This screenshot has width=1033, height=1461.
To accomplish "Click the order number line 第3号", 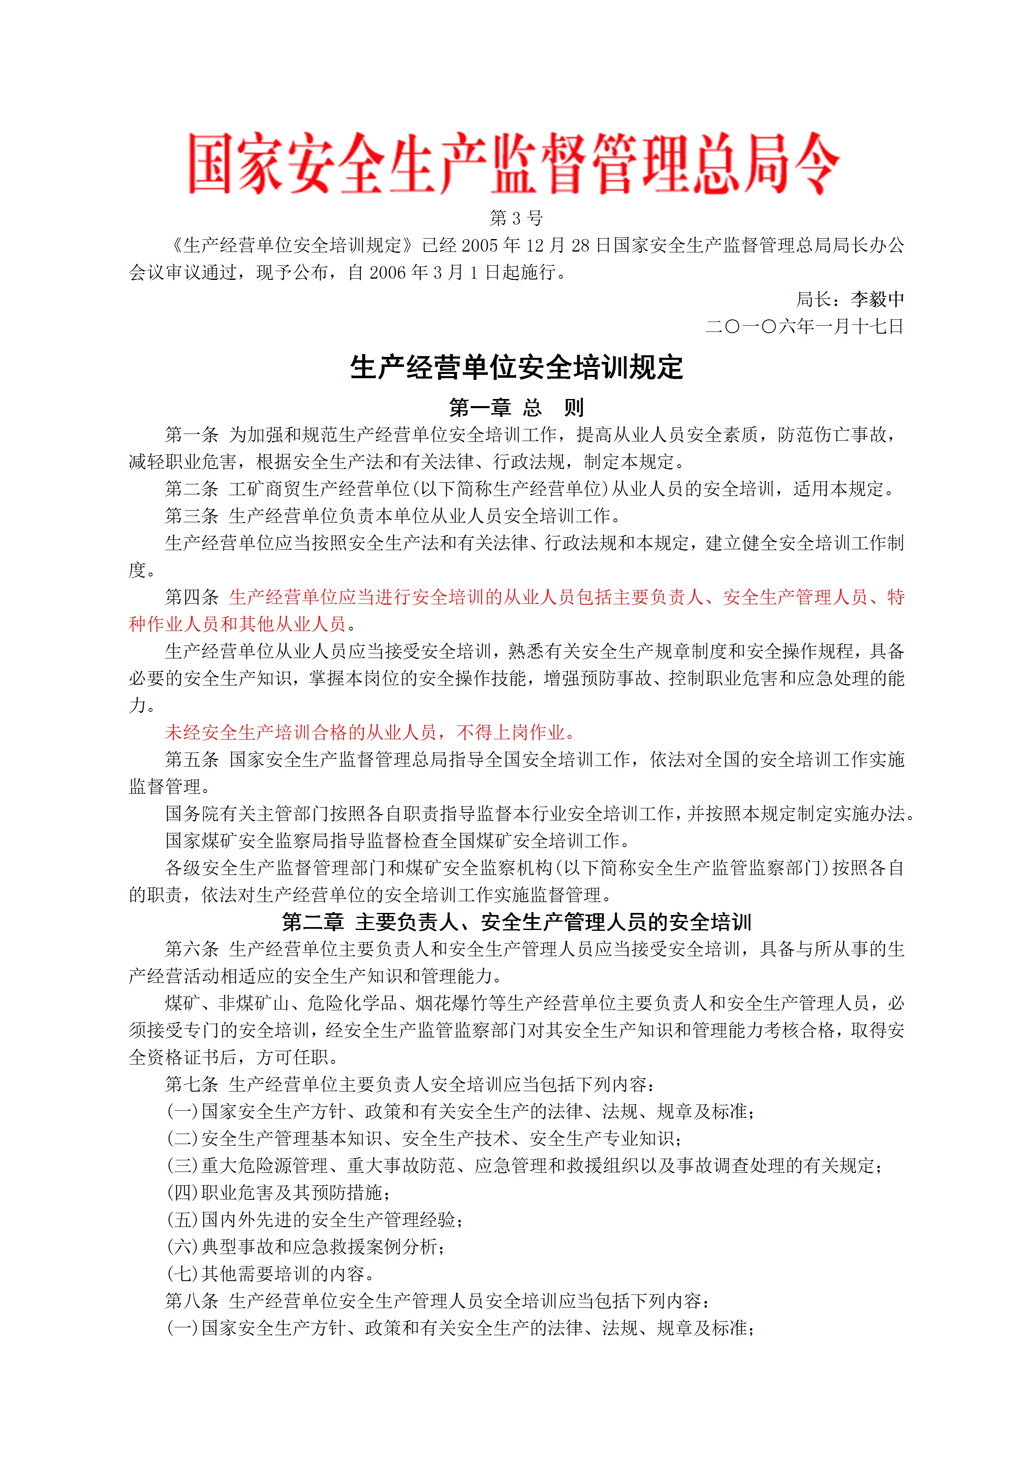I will point(516,218).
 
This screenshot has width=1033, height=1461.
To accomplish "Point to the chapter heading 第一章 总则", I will point(516,407).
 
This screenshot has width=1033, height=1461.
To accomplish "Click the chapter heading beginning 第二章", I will point(516,922).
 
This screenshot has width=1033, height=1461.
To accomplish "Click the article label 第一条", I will point(192,435).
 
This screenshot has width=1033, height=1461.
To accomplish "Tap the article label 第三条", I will point(192,516).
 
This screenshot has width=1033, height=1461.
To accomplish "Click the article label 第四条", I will point(192,597).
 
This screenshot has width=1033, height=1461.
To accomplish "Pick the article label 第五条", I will point(192,759).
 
